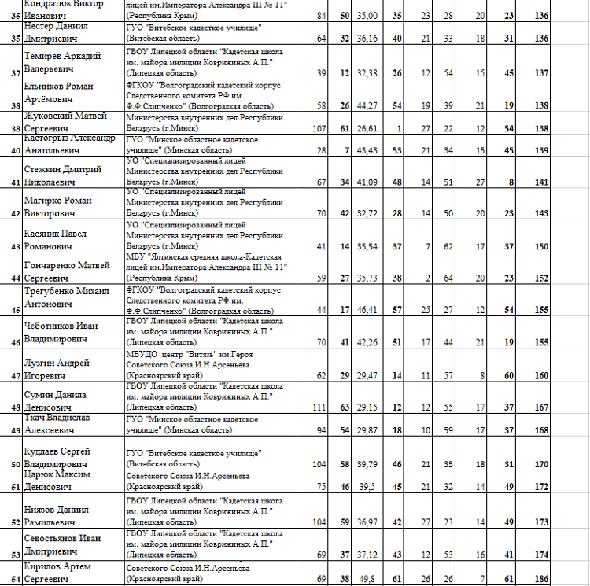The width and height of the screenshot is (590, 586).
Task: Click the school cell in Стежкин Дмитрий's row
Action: [205, 171]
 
